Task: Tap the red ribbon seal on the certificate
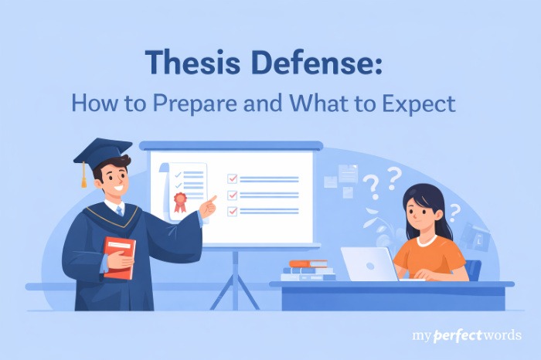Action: pyautogui.click(x=181, y=202)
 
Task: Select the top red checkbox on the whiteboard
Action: pyautogui.click(x=232, y=178)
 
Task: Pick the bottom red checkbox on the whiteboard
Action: pyautogui.click(x=232, y=210)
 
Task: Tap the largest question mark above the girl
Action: pyautogui.click(x=372, y=185)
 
